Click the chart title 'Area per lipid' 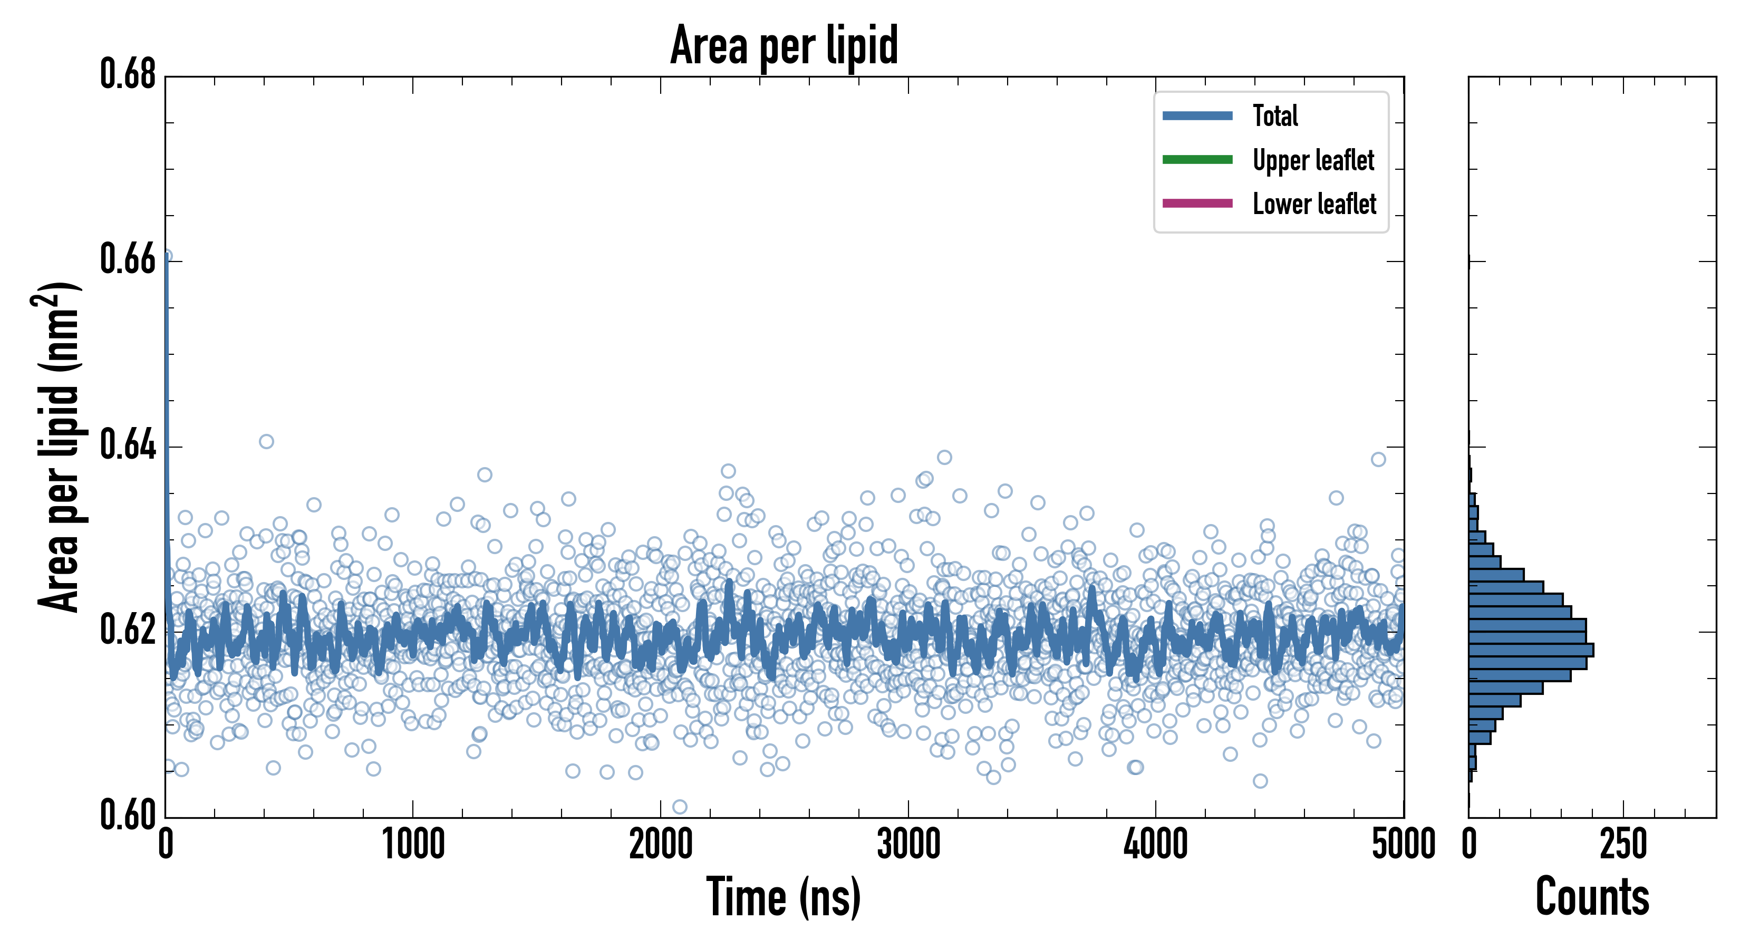(x=784, y=45)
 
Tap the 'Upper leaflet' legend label (x=1312, y=160)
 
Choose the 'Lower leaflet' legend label (x=1314, y=204)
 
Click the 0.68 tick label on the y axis (x=128, y=74)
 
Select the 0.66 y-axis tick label (x=128, y=259)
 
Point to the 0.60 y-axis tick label (x=128, y=815)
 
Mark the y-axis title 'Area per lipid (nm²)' (x=57, y=447)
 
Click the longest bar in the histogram (x=1531, y=650)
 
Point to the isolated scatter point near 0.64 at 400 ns (x=266, y=442)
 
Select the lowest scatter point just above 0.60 (x=680, y=807)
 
